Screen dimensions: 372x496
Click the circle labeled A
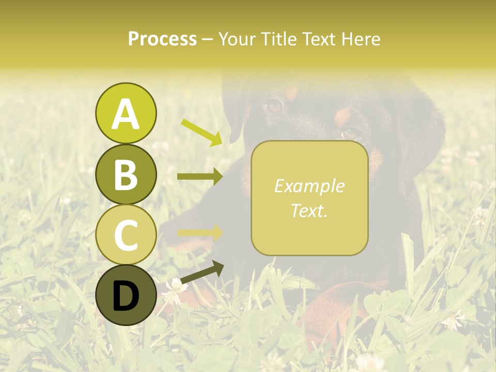126,113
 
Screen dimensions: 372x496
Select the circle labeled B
126,174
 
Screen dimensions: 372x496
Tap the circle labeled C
126,235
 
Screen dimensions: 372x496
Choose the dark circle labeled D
126,295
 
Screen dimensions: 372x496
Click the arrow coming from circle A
201,132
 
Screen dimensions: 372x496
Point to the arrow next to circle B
200,177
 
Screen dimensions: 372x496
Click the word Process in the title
162,39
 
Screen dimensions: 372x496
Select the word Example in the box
309,186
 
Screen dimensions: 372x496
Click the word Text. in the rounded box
309,210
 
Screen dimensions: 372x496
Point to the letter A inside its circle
126,114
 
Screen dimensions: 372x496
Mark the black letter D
126,296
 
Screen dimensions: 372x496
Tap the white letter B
126,175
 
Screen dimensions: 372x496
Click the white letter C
126,235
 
